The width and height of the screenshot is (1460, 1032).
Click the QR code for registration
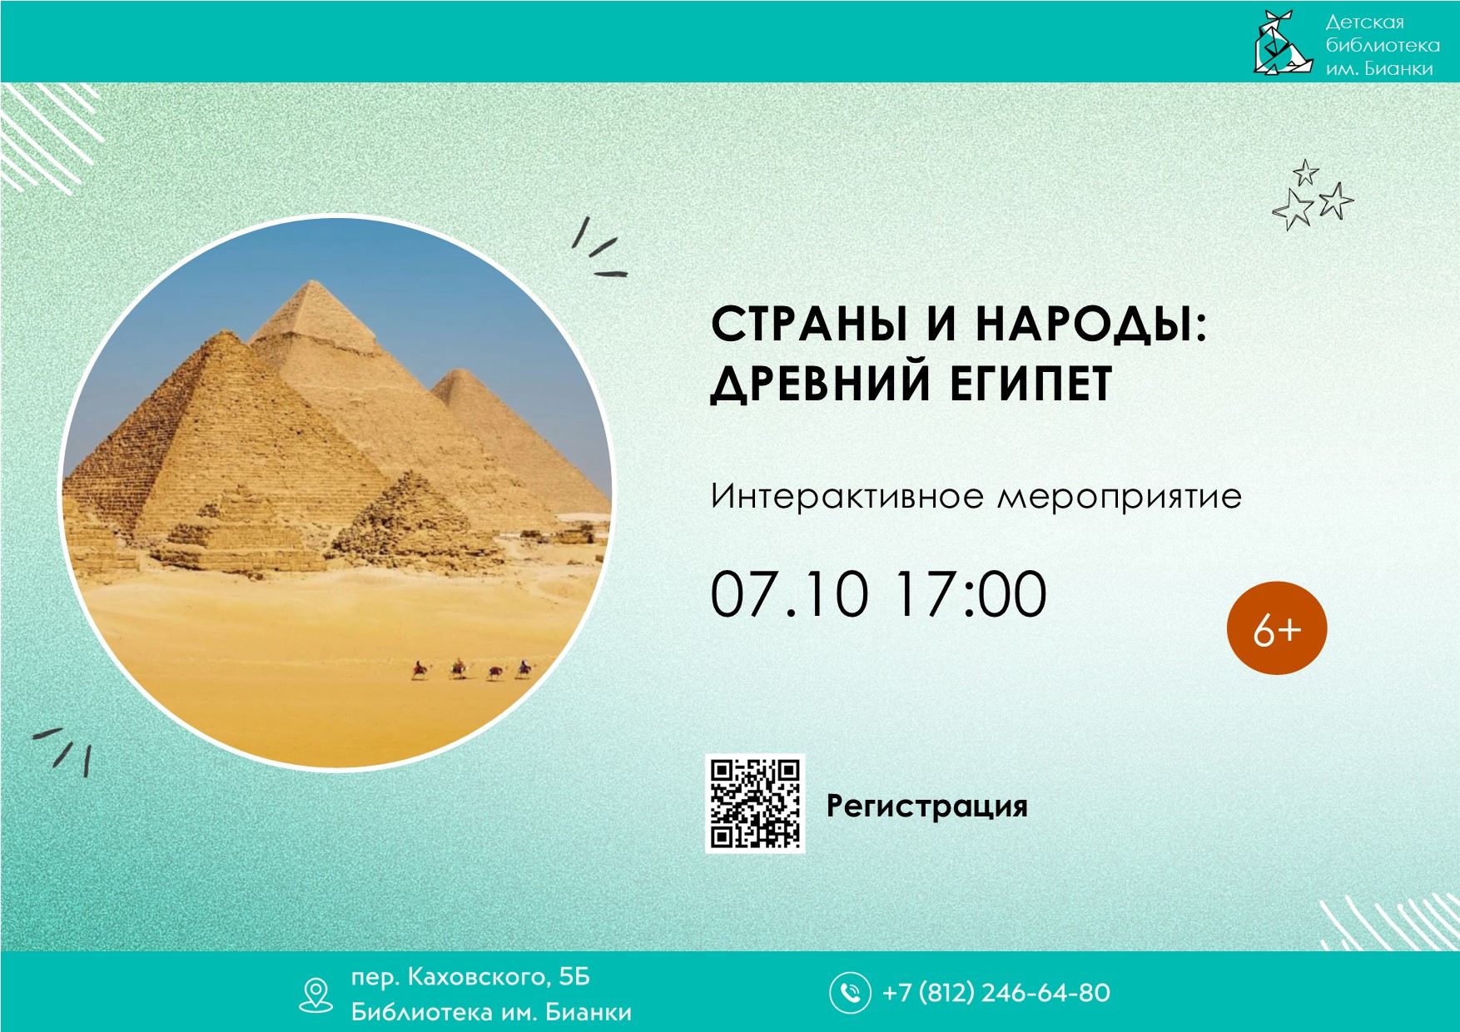(755, 804)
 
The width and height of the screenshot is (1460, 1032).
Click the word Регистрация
(926, 806)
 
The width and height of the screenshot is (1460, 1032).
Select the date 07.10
(789, 594)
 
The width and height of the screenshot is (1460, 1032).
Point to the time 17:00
(971, 594)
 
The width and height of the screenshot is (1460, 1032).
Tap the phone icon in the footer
(849, 992)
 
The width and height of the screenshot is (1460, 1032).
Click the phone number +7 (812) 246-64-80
(996, 993)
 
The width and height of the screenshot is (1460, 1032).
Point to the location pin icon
(315, 995)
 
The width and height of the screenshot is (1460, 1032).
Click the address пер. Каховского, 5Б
(470, 976)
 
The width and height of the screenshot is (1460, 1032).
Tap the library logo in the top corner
(1283, 42)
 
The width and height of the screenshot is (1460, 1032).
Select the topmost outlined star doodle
(1306, 173)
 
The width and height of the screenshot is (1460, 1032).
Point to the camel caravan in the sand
(470, 669)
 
